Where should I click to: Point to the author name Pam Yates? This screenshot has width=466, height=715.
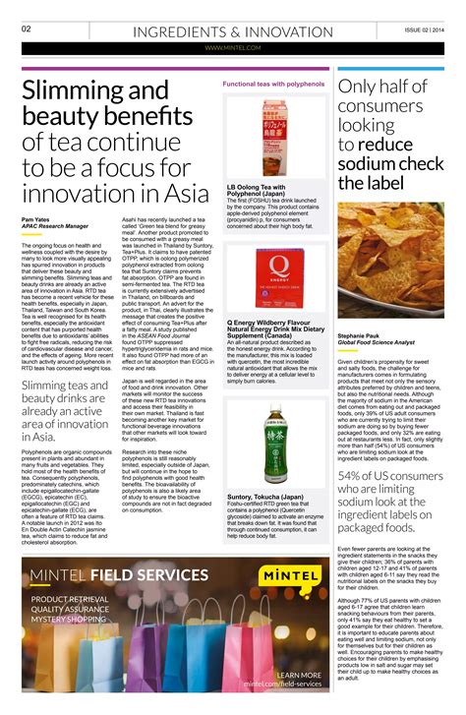coord(36,218)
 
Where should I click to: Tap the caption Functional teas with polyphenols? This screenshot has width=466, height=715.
coord(273,85)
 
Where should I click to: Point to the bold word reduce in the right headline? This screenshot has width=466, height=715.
coord(392,145)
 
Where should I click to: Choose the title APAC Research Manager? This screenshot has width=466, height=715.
coord(55,226)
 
